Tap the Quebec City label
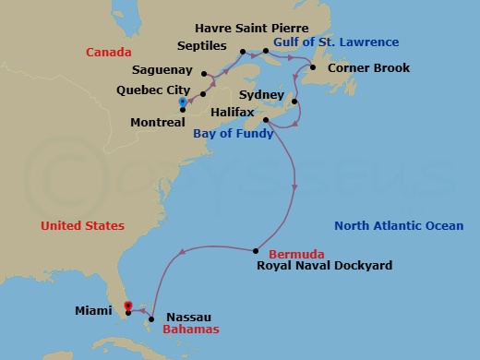tap(147, 90)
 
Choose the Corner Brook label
tap(369, 68)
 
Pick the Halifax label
tap(231, 112)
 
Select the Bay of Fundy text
tap(233, 133)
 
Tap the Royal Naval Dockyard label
tap(324, 266)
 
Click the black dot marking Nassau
tap(150, 319)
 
